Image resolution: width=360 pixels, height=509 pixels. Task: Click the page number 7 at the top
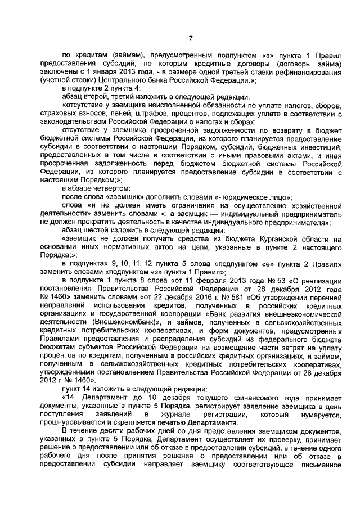190,38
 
